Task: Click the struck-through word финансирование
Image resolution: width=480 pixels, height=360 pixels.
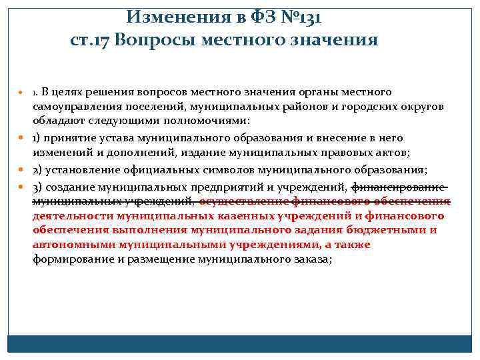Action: tap(397, 186)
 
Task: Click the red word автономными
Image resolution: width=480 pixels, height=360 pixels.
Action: tap(66, 245)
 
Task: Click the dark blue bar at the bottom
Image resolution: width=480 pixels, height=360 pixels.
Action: tap(240, 343)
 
